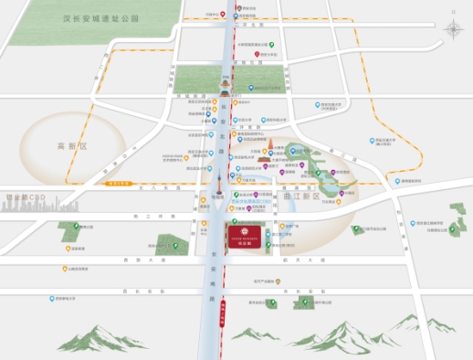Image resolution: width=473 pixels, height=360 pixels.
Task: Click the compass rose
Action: coord(454,27)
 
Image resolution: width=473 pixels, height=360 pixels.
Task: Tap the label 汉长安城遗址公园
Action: coord(100,17)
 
